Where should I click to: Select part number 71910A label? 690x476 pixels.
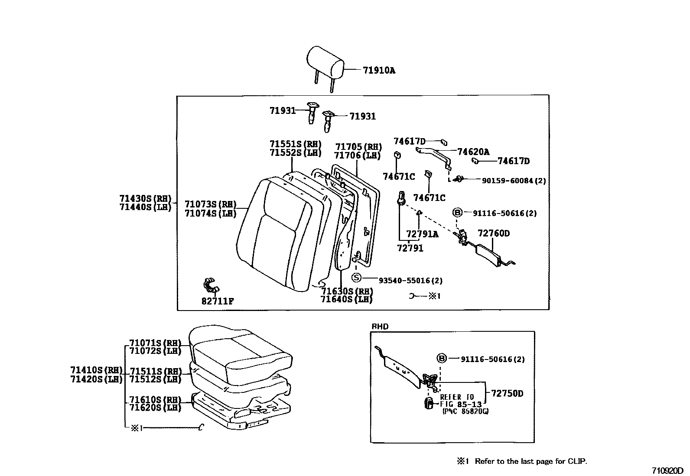pyautogui.click(x=379, y=70)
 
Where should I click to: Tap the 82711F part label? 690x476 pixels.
pyautogui.click(x=218, y=301)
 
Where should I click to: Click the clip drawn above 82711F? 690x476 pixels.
pyautogui.click(x=211, y=285)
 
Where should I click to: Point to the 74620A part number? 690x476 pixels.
pyautogui.click(x=473, y=152)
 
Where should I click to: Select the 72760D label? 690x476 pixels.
pyautogui.click(x=494, y=233)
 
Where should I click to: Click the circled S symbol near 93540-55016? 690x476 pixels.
pyautogui.click(x=356, y=278)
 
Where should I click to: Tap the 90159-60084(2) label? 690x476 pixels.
pyautogui.click(x=514, y=180)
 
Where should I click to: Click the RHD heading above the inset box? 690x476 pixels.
pyautogui.click(x=380, y=326)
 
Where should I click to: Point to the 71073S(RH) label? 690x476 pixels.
pyautogui.click(x=210, y=204)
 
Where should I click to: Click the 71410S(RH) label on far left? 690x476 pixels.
pyautogui.click(x=96, y=370)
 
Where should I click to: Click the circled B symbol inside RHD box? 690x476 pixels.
pyautogui.click(x=441, y=358)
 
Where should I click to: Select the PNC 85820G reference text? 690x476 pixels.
pyautogui.click(x=465, y=411)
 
